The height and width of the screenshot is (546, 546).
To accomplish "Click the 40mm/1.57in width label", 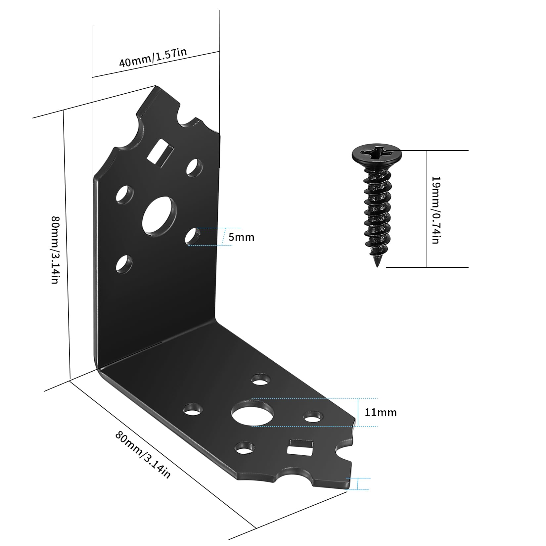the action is pyautogui.click(x=153, y=58).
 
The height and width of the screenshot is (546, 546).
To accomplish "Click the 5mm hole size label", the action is pyautogui.click(x=242, y=237).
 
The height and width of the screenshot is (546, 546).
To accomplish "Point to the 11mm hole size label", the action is pyautogui.click(x=381, y=412).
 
